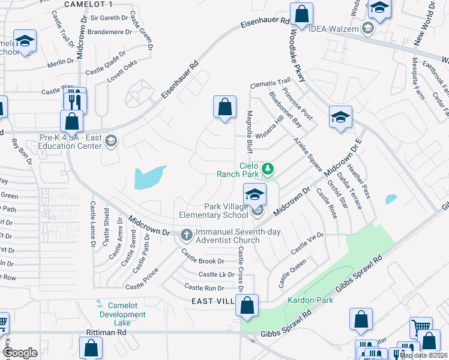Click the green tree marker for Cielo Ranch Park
click(268, 170)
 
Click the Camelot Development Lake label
click(122, 314)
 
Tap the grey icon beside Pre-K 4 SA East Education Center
click(110, 141)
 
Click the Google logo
click(20, 352)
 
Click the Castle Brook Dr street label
click(204, 262)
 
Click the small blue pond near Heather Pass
click(391, 199)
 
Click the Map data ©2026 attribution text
click(423, 355)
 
